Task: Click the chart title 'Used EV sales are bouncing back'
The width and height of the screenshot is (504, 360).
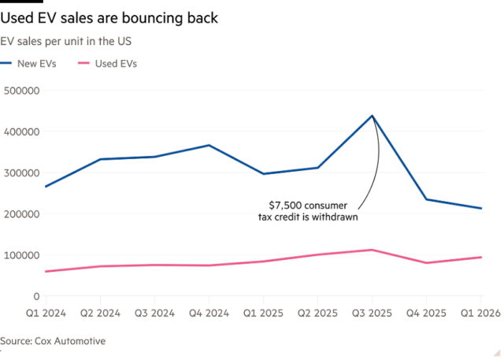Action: point(109,17)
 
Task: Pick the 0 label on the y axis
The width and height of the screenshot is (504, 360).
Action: point(36,296)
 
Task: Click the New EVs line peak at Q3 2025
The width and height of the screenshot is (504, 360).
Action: point(372,116)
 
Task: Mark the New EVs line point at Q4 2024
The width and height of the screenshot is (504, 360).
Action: point(209,145)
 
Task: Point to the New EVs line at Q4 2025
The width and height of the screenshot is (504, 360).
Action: point(427,199)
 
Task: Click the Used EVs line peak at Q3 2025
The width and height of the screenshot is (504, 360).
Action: point(372,250)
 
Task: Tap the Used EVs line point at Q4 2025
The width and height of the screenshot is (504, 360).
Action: point(427,263)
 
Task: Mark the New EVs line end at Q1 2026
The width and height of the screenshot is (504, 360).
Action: point(481,208)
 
